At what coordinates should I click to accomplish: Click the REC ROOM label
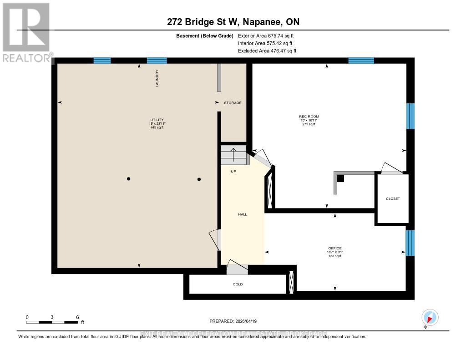[312, 117]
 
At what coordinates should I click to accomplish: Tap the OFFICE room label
[335, 248]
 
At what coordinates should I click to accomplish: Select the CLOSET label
[393, 198]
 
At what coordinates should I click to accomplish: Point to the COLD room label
[238, 284]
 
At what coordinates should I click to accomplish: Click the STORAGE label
[233, 103]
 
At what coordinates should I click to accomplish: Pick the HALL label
[243, 214]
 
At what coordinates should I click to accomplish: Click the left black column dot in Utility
[129, 179]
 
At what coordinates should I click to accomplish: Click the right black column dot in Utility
[199, 179]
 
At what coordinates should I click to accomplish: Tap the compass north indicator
[430, 318]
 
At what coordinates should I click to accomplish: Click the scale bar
[52, 322]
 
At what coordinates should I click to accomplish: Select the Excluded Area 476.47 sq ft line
[267, 51]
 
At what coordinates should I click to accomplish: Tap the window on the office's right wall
[410, 243]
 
